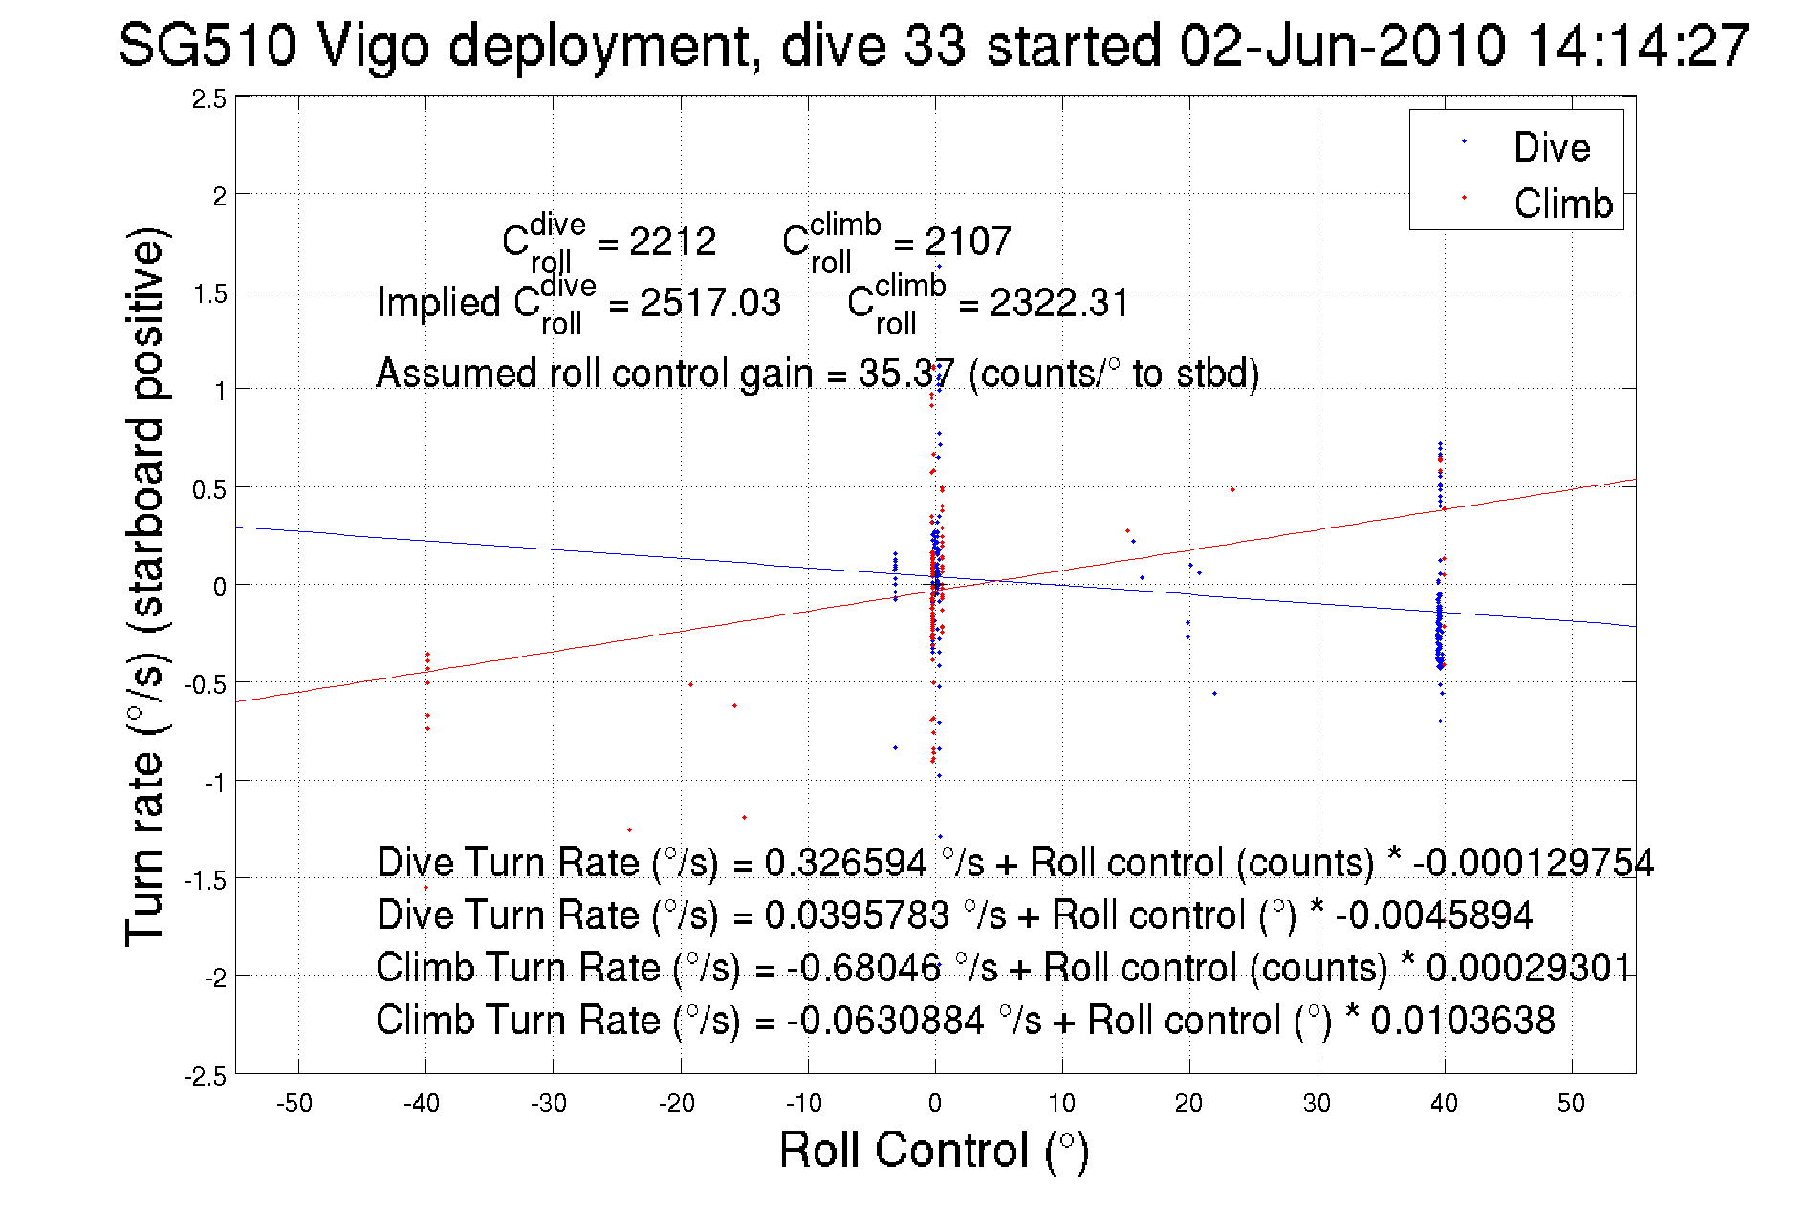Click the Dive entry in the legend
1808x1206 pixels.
point(1551,147)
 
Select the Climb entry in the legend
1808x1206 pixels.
point(1562,204)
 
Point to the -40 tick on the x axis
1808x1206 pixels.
point(422,1104)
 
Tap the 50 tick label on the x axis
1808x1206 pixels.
point(1571,1104)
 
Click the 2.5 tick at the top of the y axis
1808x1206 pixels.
point(209,98)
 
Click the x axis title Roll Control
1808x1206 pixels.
point(933,1150)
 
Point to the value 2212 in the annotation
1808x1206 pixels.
point(672,242)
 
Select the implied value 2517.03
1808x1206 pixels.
point(709,303)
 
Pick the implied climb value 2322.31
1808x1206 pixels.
point(1058,303)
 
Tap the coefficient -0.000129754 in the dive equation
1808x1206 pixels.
point(1533,862)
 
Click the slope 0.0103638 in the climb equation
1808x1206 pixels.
point(1462,1020)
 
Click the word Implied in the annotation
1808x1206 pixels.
point(439,303)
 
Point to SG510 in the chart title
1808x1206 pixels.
point(207,45)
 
